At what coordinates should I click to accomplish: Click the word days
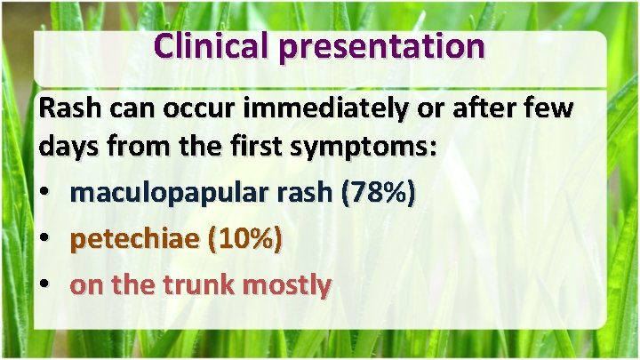(x=69, y=148)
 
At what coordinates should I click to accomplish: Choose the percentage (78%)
(x=378, y=194)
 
